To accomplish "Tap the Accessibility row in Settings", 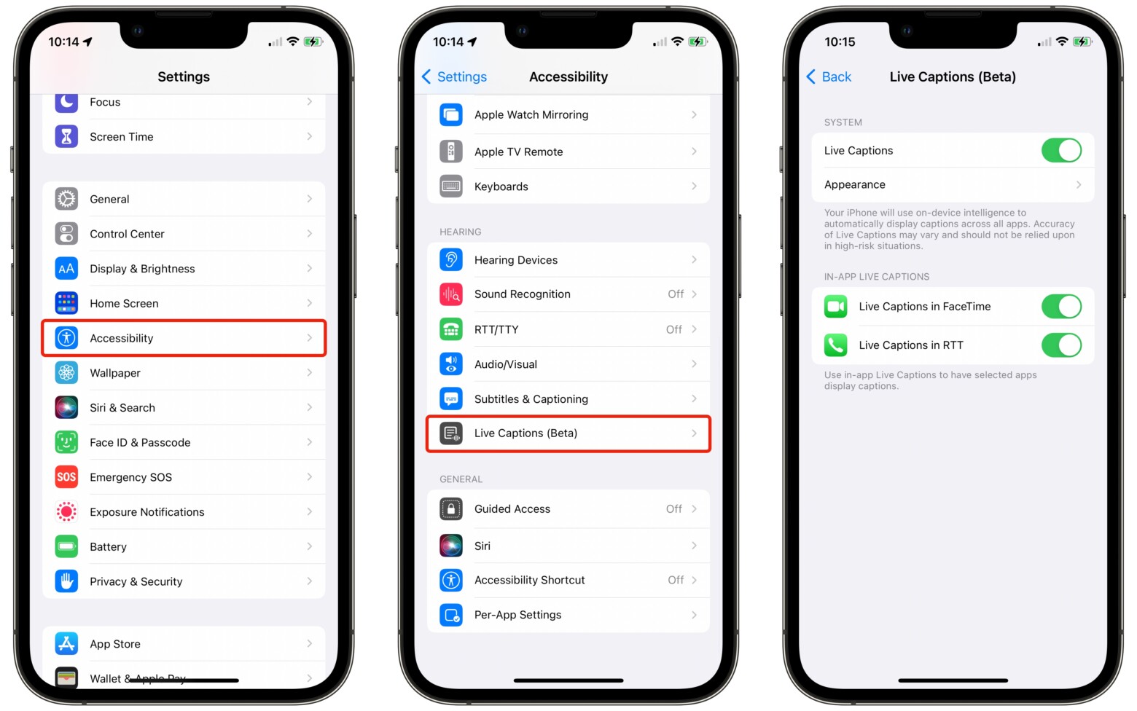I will pos(183,338).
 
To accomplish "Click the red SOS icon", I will pos(66,477).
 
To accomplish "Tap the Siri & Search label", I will pos(122,408).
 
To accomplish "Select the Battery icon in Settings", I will pos(66,546).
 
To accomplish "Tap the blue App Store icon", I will pos(66,644).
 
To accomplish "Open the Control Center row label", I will pos(127,234).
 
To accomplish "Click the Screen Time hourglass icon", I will pos(66,136).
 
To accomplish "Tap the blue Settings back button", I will pos(455,77).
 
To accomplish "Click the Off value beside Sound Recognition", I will pos(676,294).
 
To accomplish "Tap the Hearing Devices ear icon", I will pos(451,260).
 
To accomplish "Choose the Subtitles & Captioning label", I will pos(531,399).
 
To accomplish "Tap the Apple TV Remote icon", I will pos(451,152).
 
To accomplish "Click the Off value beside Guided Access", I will pos(674,509).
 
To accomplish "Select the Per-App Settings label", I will pos(517,615).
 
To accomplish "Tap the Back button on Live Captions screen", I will pos(829,77).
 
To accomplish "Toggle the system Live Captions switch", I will pos(1060,151).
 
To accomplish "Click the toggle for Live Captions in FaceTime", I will pos(1060,307).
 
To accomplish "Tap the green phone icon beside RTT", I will pos(836,345).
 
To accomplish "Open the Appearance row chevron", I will pos(1078,185).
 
